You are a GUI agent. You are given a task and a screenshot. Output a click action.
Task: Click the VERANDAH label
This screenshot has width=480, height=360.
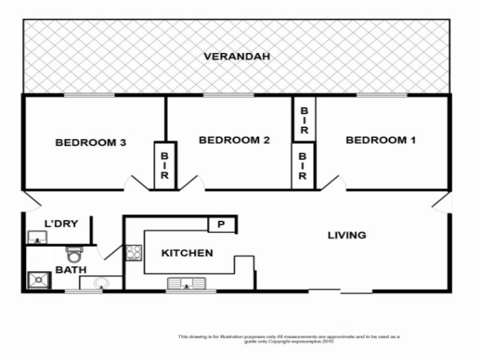(236, 57)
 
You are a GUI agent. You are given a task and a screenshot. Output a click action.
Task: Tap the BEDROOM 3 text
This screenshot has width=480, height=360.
(91, 143)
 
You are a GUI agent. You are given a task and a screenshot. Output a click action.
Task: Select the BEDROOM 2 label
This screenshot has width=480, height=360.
(234, 140)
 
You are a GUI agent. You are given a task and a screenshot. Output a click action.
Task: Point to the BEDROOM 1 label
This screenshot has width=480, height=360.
(380, 140)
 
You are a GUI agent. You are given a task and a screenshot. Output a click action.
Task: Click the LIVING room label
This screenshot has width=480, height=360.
(347, 235)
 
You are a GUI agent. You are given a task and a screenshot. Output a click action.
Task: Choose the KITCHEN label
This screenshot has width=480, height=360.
(187, 253)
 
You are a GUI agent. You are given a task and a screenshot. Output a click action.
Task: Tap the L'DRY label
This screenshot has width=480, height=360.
(61, 224)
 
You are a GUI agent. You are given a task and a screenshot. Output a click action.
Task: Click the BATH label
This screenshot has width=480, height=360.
(67, 270)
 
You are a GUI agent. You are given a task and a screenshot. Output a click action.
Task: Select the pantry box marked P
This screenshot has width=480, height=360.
(221, 225)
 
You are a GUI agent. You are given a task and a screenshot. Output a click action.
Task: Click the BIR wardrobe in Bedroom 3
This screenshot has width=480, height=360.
(165, 165)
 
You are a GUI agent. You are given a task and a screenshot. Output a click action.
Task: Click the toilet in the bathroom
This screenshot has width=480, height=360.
(74, 255)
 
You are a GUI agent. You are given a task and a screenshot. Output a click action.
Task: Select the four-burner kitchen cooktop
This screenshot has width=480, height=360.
(133, 253)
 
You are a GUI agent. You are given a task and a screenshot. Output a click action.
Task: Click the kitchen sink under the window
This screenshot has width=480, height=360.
(186, 283)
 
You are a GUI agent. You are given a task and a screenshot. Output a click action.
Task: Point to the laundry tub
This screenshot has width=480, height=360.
(38, 238)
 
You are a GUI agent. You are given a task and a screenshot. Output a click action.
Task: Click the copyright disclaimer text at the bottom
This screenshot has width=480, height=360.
(289, 338)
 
